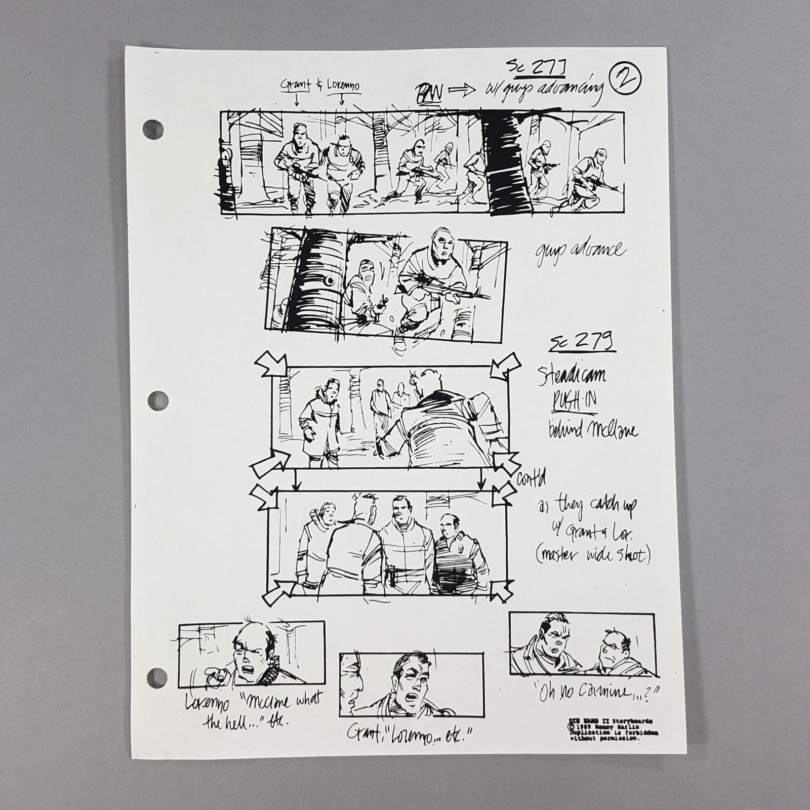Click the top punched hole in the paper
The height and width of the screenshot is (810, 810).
tap(153, 130)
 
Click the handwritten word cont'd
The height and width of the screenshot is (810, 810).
tap(532, 477)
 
